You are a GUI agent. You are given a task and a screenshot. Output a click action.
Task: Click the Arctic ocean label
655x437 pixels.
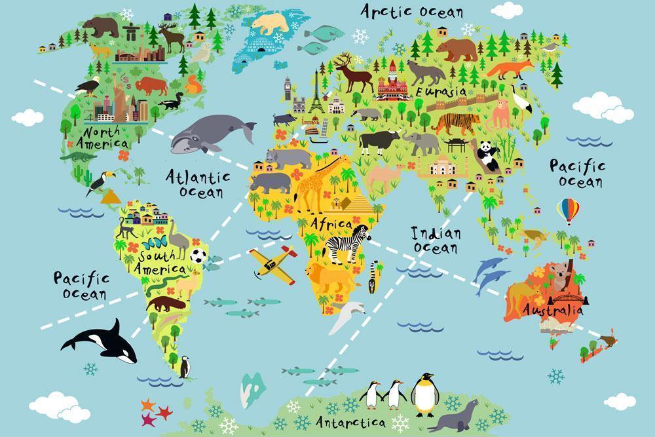(412, 11)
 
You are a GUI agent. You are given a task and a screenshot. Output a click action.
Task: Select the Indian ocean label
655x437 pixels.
(436, 240)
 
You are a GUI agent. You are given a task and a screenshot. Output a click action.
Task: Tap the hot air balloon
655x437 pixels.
(568, 211)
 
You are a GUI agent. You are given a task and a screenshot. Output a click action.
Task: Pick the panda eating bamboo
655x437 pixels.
(487, 156)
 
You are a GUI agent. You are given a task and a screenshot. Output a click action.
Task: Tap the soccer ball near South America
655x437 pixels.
(199, 256)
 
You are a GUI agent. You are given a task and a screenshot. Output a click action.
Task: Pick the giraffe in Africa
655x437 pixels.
(308, 183)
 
